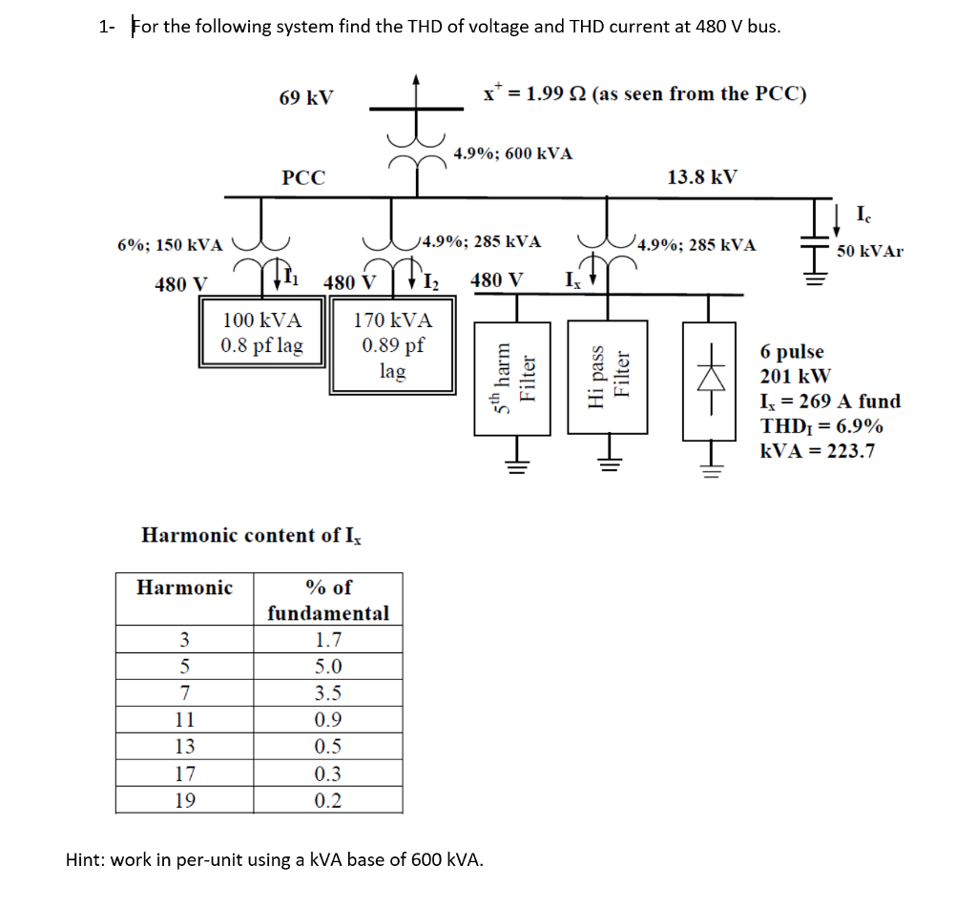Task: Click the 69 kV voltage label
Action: point(305,97)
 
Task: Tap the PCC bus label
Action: point(303,177)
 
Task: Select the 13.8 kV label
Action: point(701,177)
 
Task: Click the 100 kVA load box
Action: point(261,332)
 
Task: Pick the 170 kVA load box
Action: point(392,345)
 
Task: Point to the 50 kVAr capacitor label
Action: point(869,252)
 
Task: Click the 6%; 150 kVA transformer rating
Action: point(170,244)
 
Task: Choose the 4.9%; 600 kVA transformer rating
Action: point(513,154)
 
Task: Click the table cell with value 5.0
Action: point(327,667)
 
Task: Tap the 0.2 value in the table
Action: point(327,799)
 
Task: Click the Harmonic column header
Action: point(184,587)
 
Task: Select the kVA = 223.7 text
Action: point(817,451)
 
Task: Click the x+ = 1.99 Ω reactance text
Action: point(645,93)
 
